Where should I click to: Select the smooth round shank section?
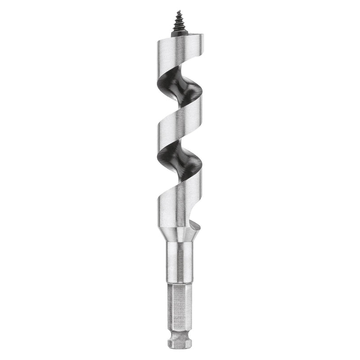[x=180, y=263]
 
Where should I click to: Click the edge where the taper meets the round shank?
[x=180, y=243]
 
